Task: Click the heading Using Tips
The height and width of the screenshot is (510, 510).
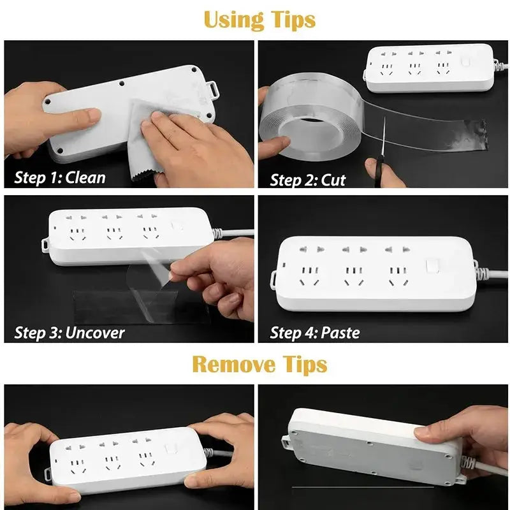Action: (x=259, y=20)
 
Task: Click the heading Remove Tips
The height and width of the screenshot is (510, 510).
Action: (x=259, y=365)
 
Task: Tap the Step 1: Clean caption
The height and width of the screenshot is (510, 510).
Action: (x=59, y=177)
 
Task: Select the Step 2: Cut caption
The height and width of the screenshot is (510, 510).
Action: (x=307, y=179)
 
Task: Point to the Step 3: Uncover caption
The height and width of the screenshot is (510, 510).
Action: (x=69, y=332)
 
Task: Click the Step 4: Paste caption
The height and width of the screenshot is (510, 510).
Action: (x=314, y=332)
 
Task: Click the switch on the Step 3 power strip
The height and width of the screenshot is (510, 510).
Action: (x=177, y=226)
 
